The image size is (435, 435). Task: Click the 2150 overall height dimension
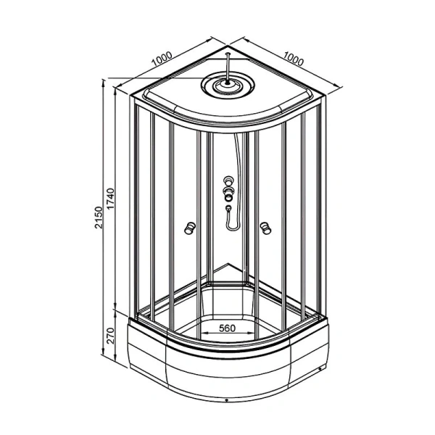coord(99,217)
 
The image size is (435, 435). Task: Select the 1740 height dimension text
coord(110,199)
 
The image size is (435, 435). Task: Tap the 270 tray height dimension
coord(110,336)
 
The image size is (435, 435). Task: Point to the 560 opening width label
coord(227,328)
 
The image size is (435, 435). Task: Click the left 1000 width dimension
coord(162,59)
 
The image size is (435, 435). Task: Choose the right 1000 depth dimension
coord(293,59)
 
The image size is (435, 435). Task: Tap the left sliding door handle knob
coord(190,228)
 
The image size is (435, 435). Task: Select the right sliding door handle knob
coord(265,228)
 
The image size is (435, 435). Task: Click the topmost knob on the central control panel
coord(228,181)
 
